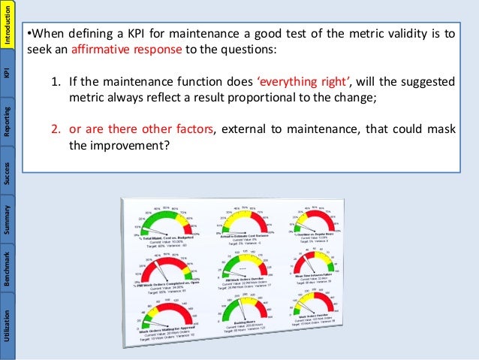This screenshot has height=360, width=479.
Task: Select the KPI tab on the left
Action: pyautogui.click(x=8, y=73)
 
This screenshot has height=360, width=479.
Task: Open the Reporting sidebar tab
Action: pyautogui.click(x=8, y=118)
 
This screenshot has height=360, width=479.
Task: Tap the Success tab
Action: pyautogui.click(x=8, y=172)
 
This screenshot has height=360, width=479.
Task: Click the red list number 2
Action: pyautogui.click(x=55, y=129)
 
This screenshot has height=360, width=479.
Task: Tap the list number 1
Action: pyautogui.click(x=55, y=83)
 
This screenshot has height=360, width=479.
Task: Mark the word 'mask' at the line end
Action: pyautogui.click(x=442, y=129)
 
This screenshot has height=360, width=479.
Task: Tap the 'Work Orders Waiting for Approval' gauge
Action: pyautogui.click(x=168, y=316)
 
